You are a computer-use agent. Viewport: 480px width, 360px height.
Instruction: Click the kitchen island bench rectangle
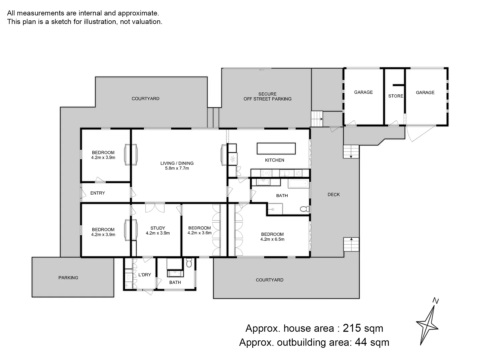click(x=276, y=148)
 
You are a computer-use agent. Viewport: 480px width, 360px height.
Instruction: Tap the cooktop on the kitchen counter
click(x=266, y=173)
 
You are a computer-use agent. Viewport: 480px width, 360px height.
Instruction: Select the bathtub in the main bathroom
click(x=299, y=184)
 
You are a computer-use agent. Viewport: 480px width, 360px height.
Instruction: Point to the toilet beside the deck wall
click(x=304, y=209)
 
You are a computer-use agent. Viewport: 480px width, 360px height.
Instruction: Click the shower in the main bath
click(x=274, y=209)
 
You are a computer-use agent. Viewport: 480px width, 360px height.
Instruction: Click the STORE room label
click(x=395, y=96)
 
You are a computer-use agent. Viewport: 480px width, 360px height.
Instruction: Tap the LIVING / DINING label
click(x=177, y=163)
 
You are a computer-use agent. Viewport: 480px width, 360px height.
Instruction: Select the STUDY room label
click(x=158, y=228)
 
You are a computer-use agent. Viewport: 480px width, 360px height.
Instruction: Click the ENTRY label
click(x=97, y=193)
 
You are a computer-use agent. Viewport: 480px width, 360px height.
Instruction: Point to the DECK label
click(x=333, y=194)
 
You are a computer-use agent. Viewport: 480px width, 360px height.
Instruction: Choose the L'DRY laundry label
click(x=144, y=275)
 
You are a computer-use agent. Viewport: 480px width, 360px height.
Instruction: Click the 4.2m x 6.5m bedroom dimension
click(x=272, y=239)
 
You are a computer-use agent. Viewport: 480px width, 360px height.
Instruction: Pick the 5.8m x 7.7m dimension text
click(x=177, y=168)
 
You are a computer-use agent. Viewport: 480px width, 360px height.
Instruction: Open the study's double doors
click(x=155, y=207)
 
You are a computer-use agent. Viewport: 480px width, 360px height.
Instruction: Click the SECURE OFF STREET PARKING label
click(x=267, y=96)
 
